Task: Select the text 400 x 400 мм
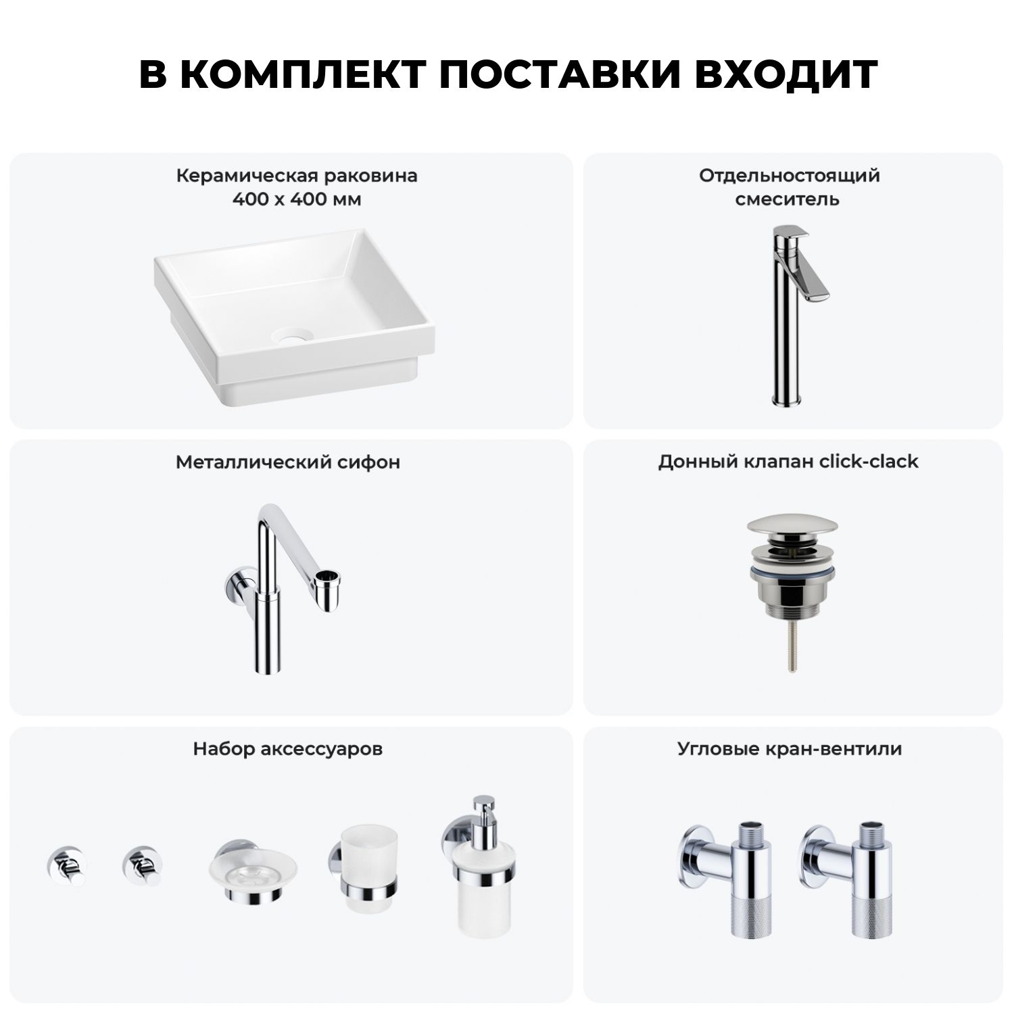pyautogui.click(x=297, y=199)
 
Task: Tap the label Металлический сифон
pyautogui.click(x=288, y=462)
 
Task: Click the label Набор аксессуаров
pyautogui.click(x=288, y=749)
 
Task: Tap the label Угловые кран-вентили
pyautogui.click(x=790, y=749)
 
